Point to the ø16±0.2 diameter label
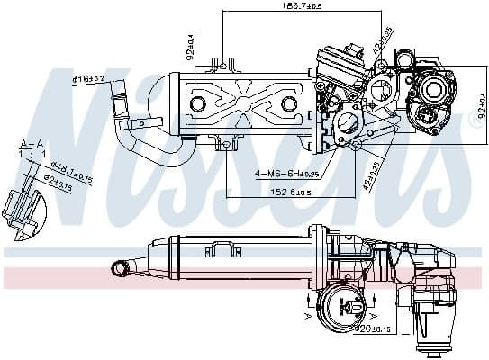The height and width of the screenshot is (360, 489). click(89, 79)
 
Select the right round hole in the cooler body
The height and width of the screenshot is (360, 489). click(288, 104)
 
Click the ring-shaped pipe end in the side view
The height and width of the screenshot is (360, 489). click(119, 266)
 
